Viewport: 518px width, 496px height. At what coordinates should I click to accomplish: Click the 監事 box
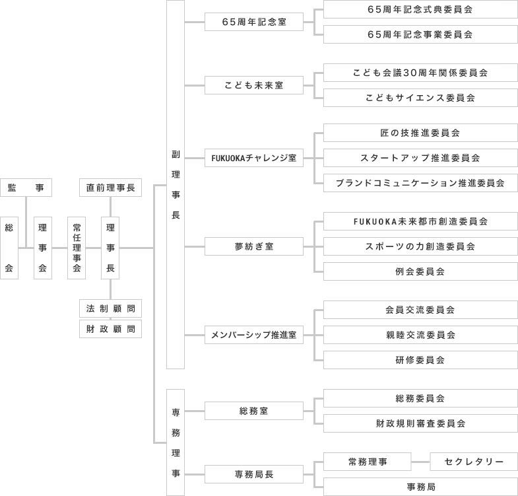pyautogui.click(x=26, y=188)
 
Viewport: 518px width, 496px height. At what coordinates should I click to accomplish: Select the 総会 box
pyautogui.click(x=9, y=248)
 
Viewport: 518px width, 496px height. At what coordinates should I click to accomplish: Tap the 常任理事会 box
pyautogui.click(x=77, y=248)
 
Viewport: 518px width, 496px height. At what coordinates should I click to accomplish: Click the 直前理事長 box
pyautogui.click(x=110, y=188)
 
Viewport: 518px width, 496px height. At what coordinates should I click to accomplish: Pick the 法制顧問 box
pyautogui.click(x=110, y=308)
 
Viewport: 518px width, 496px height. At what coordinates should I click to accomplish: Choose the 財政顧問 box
pyautogui.click(x=110, y=329)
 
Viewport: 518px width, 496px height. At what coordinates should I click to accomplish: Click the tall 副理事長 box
pyautogui.click(x=175, y=184)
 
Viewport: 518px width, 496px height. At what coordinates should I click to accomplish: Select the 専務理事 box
pyautogui.click(x=175, y=442)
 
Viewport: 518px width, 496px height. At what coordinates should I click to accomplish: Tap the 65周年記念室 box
pyautogui.click(x=254, y=22)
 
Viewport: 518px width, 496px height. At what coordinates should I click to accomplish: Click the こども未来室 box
pyautogui.click(x=254, y=85)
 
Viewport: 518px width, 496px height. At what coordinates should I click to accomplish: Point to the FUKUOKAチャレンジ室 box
pyautogui.click(x=254, y=158)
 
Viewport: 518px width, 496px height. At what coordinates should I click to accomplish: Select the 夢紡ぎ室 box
pyautogui.click(x=254, y=246)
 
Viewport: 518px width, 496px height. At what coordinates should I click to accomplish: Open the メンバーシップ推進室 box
pyautogui.click(x=254, y=335)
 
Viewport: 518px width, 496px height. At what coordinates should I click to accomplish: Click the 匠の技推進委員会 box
pyautogui.click(x=420, y=133)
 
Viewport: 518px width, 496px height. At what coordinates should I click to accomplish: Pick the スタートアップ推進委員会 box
pyautogui.click(x=420, y=158)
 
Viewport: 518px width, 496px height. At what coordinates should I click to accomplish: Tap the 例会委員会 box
pyautogui.click(x=420, y=271)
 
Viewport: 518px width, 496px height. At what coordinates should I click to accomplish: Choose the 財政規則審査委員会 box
pyautogui.click(x=420, y=423)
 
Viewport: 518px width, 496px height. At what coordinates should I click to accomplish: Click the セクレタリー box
pyautogui.click(x=474, y=462)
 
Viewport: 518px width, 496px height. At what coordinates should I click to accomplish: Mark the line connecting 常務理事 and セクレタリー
pyautogui.click(x=420, y=462)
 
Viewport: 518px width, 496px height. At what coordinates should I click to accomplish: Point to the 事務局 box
pyautogui.click(x=420, y=487)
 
